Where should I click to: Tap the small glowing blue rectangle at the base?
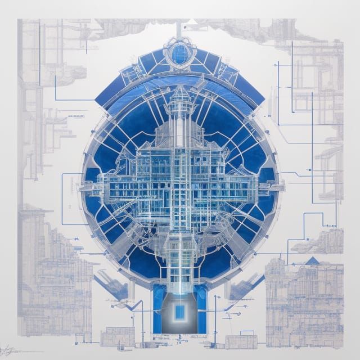coord(180,311)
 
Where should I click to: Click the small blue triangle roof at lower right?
coord(312,260)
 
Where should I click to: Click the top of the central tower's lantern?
coord(181,93)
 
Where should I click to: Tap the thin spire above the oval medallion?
coord(179,28)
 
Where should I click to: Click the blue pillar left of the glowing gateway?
coord(157,309)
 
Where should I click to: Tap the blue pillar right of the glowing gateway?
coord(201,309)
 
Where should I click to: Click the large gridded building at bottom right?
coord(304,298)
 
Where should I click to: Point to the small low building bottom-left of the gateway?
coord(118,336)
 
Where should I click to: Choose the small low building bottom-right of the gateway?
coord(241,340)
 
